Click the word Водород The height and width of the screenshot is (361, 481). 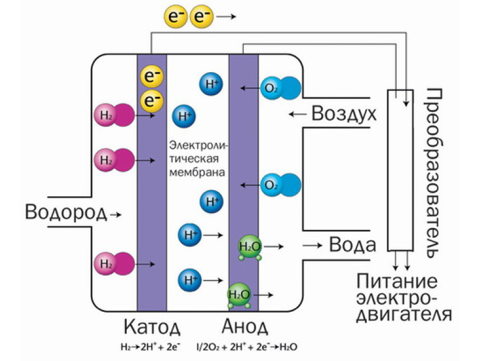tap(66, 211)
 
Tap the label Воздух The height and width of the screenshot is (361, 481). tap(343, 114)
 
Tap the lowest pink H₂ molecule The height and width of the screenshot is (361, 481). tap(114, 263)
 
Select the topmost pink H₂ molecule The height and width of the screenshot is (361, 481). tap(114, 114)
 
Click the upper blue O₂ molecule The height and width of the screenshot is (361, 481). tap(279, 88)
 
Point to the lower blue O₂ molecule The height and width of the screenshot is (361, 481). tap(279, 184)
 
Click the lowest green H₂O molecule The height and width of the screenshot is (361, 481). tap(240, 295)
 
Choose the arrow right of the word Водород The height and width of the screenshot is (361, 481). tap(117, 214)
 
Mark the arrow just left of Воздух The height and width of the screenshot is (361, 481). tap(298, 114)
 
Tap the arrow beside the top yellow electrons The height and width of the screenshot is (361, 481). tap(226, 17)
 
